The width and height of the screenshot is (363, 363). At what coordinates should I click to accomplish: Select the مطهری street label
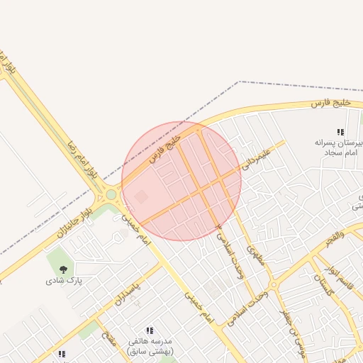(255, 255)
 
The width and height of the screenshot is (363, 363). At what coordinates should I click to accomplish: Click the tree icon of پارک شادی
(64, 269)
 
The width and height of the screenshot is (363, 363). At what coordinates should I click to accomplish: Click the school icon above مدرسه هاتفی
(150, 330)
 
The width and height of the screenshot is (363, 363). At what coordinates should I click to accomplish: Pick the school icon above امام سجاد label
(340, 132)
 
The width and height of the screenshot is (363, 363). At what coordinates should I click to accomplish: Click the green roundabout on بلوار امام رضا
(111, 194)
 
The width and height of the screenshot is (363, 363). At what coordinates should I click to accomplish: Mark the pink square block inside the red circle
(141, 196)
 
